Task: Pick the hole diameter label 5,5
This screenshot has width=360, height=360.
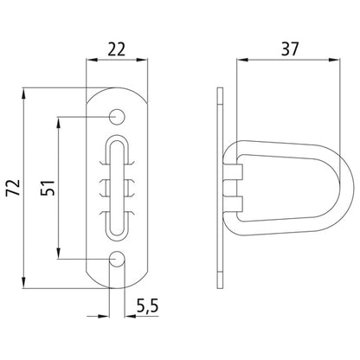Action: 147,305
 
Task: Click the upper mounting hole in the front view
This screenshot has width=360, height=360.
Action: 118,115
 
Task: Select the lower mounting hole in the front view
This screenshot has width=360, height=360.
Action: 118,258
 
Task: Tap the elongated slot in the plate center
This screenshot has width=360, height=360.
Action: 118,186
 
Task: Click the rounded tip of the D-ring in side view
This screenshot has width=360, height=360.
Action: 344,187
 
